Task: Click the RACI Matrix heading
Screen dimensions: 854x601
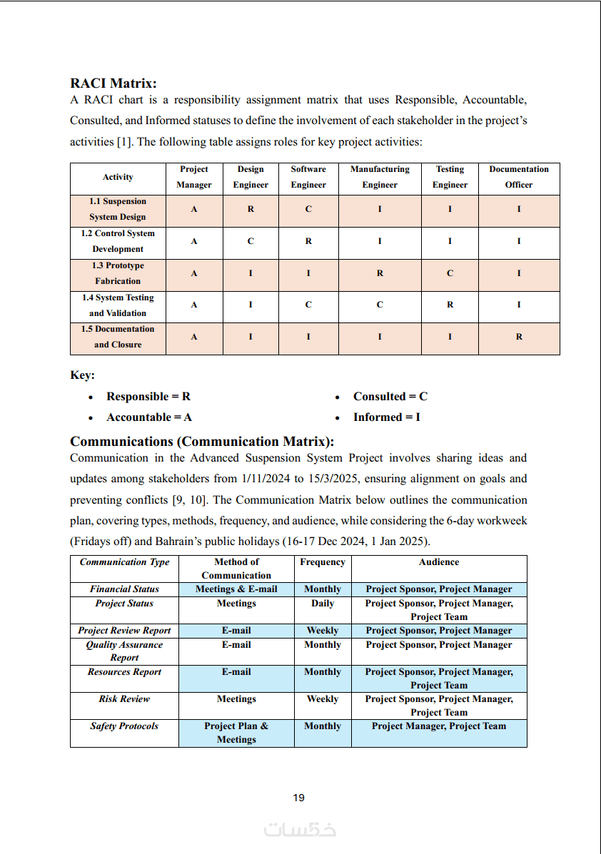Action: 113,84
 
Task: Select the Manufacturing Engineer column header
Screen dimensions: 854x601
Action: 380,177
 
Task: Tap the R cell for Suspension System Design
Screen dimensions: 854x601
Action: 251,210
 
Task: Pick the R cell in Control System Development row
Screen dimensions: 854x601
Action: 308,241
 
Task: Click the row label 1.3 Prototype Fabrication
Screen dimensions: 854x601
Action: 118,273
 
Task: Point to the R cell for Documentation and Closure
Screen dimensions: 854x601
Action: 519,337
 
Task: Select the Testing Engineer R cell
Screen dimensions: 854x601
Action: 450,305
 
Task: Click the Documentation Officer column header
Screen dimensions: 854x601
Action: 519,177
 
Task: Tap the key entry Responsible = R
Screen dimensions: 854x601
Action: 148,397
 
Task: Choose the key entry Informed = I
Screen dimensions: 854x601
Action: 386,417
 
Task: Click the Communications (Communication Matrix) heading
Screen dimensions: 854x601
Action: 202,442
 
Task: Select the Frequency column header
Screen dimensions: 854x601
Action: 323,562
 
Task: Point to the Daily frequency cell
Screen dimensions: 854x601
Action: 323,604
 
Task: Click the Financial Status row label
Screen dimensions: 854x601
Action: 124,589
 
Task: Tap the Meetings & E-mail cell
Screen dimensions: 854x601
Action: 236,589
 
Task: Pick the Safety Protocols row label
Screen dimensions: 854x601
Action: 124,726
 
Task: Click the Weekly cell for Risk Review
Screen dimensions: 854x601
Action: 323,699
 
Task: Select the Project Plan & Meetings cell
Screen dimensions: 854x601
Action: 236,733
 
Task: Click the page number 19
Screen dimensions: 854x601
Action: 299,798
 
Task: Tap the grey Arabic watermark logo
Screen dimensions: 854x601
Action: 300,830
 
